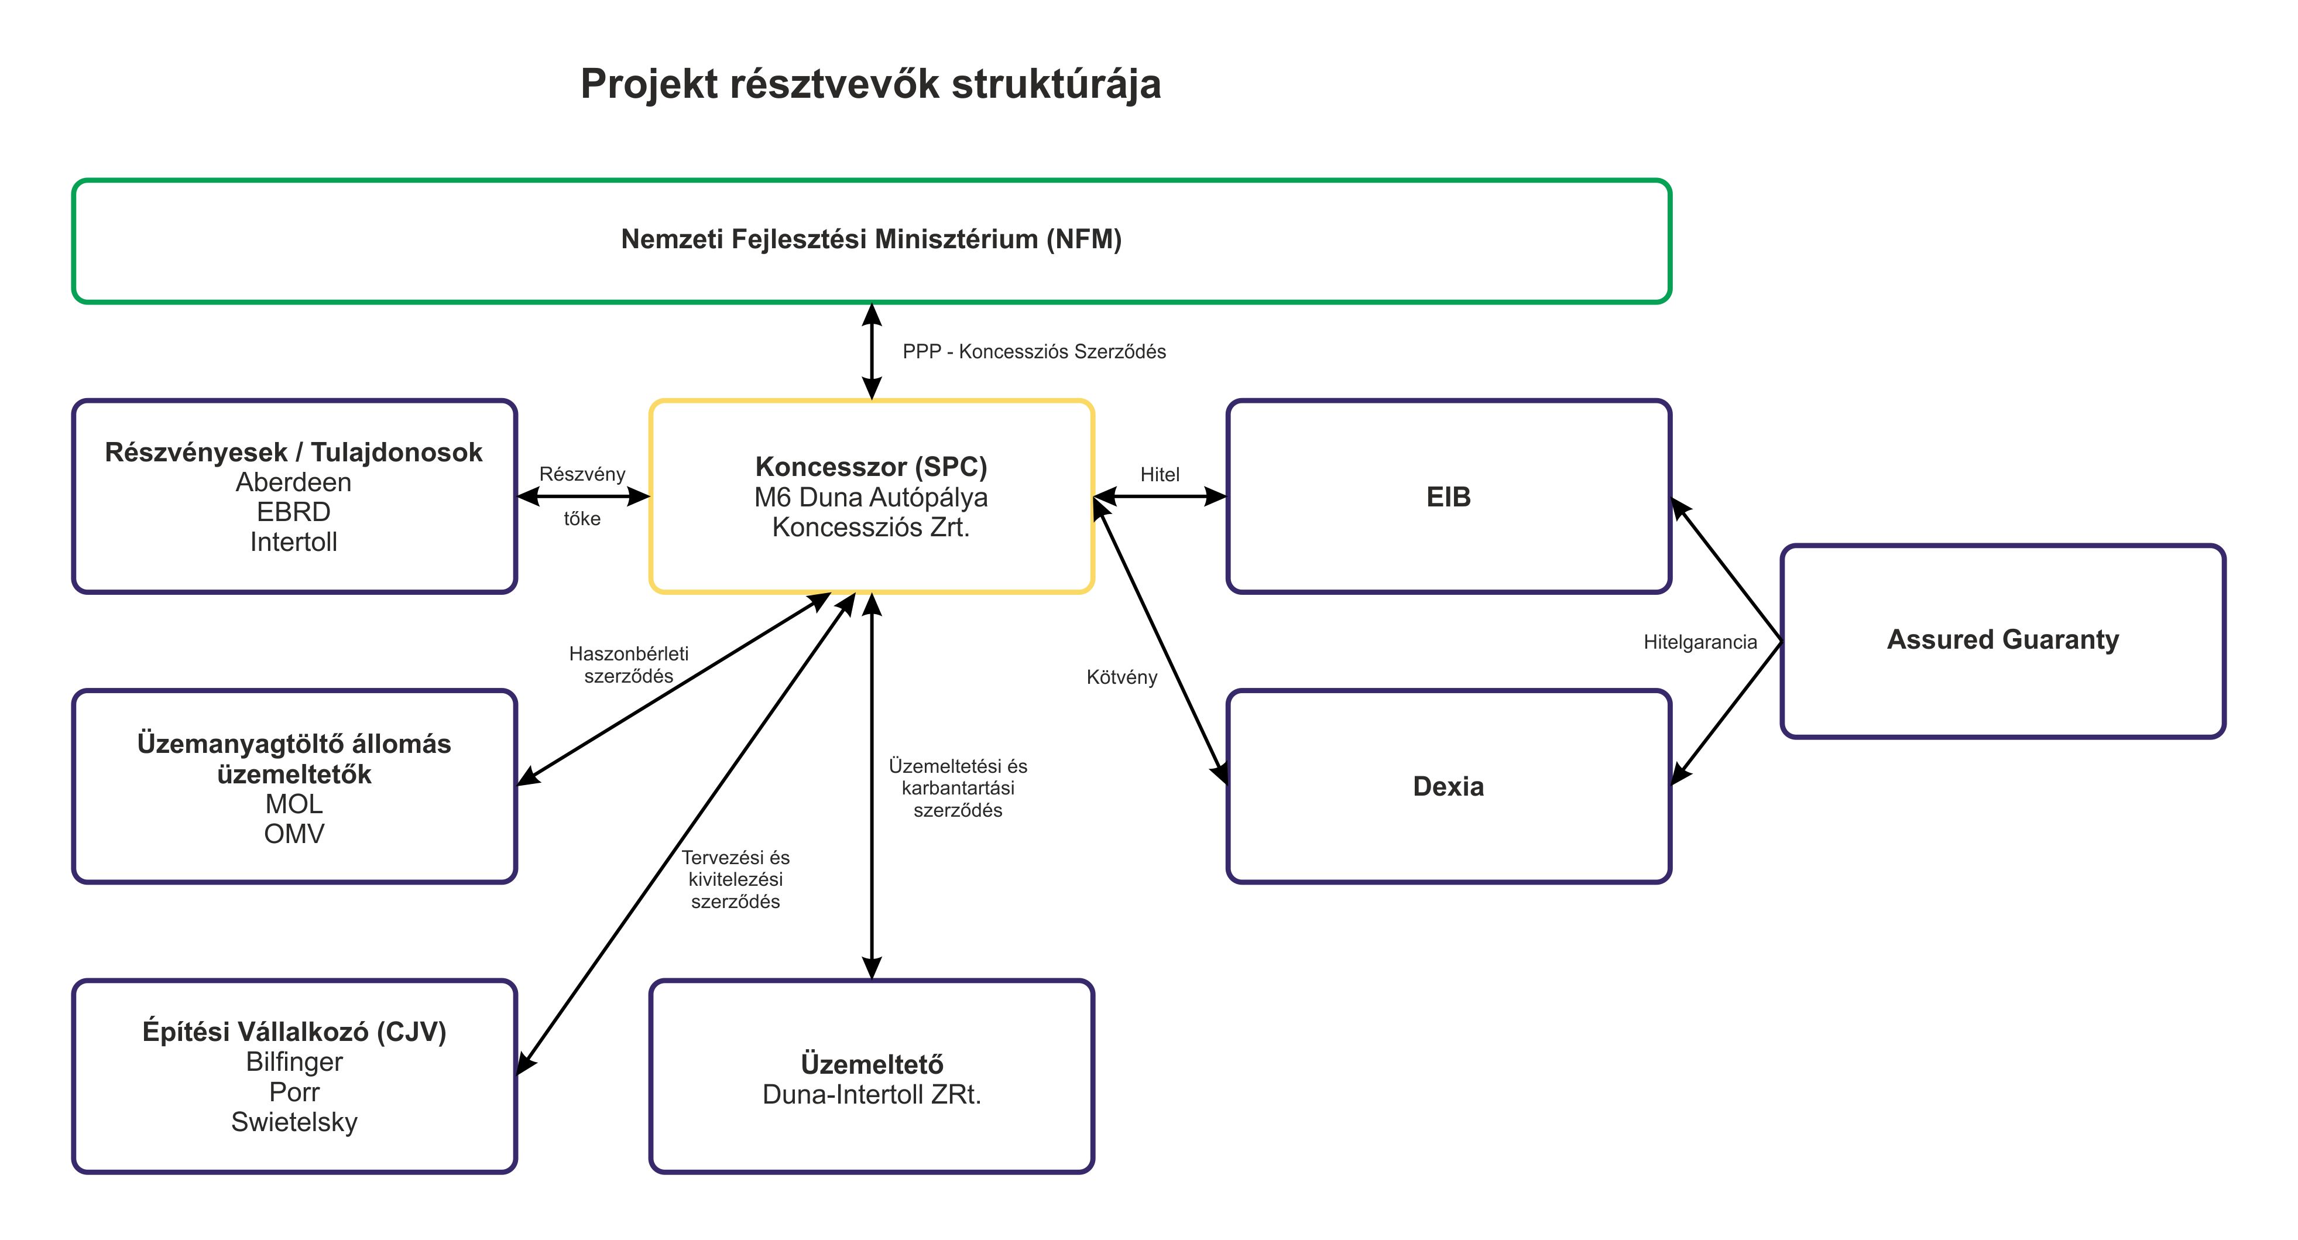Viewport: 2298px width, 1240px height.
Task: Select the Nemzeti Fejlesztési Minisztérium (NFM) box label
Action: point(870,239)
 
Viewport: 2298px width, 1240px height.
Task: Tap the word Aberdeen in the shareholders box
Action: point(293,482)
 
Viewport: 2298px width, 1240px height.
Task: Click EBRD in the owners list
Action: point(293,512)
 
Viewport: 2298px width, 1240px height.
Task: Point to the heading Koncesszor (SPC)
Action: point(870,467)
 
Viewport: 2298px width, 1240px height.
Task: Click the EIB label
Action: point(1448,497)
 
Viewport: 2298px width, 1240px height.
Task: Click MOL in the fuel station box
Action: point(293,804)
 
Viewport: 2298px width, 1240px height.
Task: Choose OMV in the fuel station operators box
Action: point(293,834)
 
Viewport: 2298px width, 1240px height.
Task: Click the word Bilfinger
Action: point(293,1061)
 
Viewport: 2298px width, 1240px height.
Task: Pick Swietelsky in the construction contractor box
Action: point(293,1121)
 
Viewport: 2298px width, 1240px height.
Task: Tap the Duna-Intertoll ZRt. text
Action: point(870,1095)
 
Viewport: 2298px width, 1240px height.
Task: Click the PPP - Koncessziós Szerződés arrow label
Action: point(1033,351)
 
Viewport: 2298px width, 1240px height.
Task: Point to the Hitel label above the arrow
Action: point(1159,475)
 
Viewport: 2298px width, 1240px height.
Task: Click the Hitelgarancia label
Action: point(1699,642)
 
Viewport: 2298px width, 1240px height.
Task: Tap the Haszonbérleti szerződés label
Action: point(628,664)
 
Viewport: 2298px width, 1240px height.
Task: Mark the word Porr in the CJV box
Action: point(293,1092)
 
